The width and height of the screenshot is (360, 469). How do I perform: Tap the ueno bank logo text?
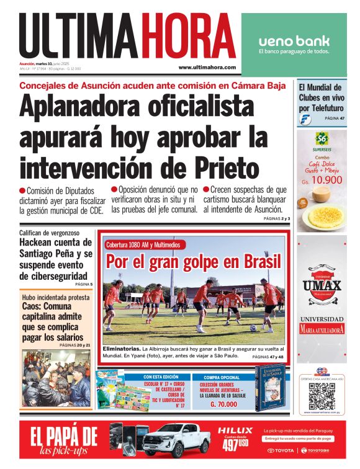294,41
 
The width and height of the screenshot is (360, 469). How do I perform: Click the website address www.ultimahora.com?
207,67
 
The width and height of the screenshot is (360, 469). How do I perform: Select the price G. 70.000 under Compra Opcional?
221,404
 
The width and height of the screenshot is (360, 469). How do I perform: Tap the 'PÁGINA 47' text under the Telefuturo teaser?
334,118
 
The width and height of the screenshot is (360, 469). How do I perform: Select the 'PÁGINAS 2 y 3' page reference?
277,219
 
